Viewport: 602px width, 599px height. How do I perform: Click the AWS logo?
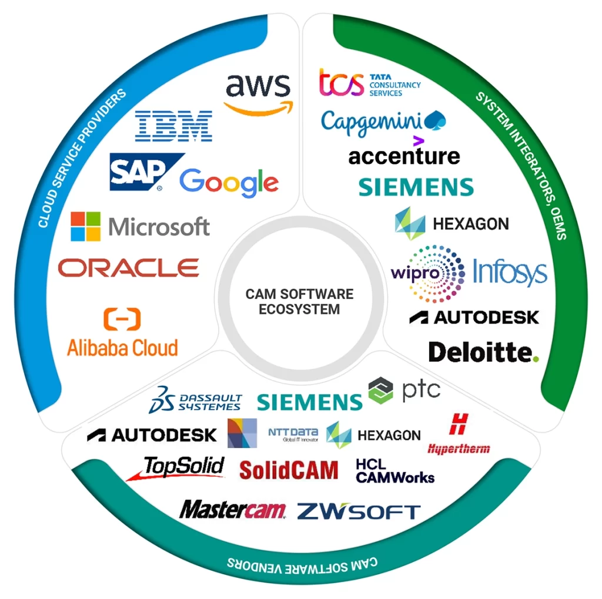coord(258,93)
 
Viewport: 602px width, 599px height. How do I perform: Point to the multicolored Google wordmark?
coord(229,183)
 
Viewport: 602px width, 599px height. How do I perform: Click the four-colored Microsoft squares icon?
coord(86,226)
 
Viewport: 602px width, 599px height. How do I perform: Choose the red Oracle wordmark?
coord(129,268)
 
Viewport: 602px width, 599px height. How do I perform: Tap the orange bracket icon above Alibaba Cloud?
coord(122,319)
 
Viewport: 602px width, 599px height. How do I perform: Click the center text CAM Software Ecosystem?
coord(299,301)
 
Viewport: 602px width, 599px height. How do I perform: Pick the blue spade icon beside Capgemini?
coord(437,120)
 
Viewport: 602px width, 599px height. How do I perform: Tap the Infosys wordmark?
coord(510,272)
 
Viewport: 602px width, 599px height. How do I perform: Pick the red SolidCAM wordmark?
coord(289,470)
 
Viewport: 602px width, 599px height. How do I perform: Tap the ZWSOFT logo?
coord(359,511)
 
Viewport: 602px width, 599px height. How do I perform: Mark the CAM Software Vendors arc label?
coord(302,565)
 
